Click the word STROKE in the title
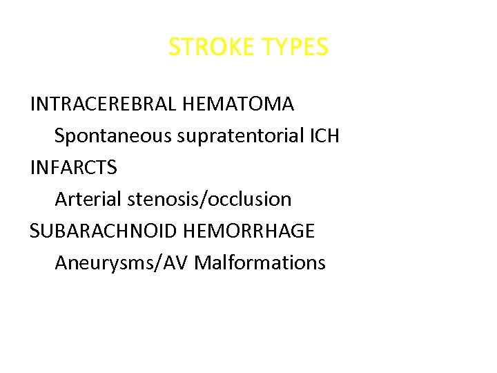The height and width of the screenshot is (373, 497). (x=211, y=48)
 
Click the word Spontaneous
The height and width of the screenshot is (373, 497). (x=113, y=136)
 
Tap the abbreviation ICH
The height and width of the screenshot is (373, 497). (x=324, y=136)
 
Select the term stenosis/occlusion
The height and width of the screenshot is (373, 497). (x=208, y=200)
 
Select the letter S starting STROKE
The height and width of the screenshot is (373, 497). (x=175, y=48)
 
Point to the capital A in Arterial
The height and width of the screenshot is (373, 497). (x=61, y=200)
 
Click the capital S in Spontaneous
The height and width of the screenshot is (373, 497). (x=60, y=136)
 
